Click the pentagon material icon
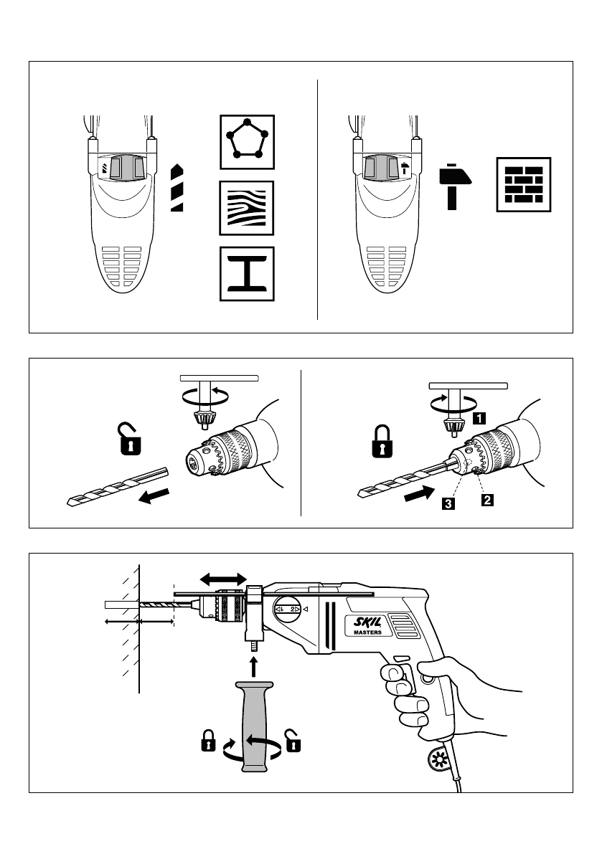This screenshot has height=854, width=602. coord(246,141)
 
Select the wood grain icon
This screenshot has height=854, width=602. coord(246,209)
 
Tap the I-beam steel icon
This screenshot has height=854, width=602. coord(246,275)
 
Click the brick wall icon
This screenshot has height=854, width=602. coord(524,184)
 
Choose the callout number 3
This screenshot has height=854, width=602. coord(447,504)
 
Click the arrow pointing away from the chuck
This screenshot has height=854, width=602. coord(156,496)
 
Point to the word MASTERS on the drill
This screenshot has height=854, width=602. coord(367,634)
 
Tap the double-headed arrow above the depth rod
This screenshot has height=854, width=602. coord(223,577)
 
